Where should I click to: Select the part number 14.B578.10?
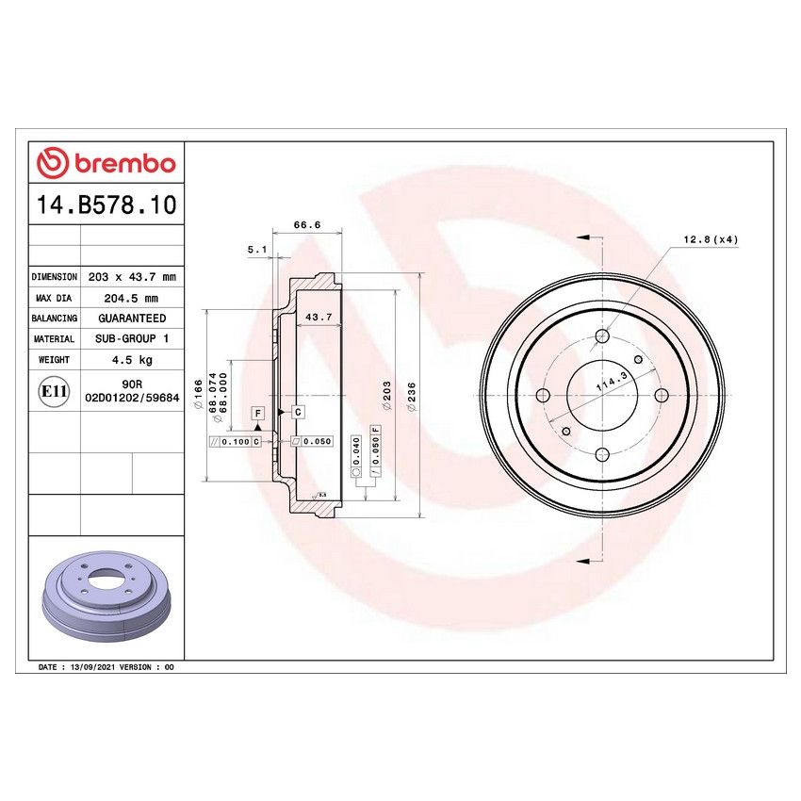click(106, 205)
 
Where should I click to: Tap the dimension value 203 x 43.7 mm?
click(131, 277)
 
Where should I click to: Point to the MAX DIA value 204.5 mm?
click(131, 298)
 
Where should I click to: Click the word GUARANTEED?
click(131, 319)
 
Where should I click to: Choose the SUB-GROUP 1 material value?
click(131, 338)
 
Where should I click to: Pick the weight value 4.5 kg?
click(131, 359)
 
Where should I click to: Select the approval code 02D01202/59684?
click(132, 399)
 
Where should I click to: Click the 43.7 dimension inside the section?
click(320, 317)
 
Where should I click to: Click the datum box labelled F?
click(256, 413)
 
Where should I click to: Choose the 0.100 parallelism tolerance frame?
click(236, 441)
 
